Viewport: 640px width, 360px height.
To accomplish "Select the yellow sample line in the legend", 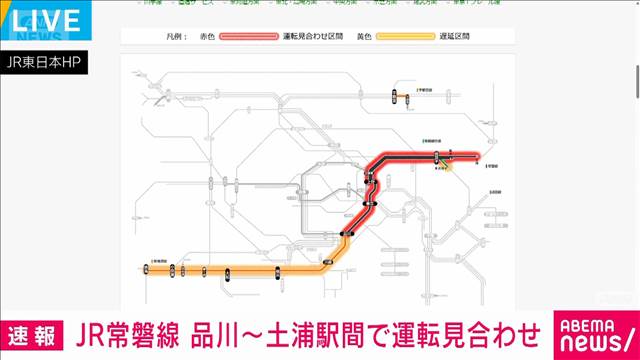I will [x=416, y=36].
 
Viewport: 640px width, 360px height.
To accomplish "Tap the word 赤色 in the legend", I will [x=208, y=36].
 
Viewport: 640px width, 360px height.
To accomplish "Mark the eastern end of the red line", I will [x=479, y=157].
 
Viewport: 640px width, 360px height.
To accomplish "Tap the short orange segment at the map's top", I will [x=393, y=97].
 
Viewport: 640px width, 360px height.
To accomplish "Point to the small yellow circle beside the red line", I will [x=447, y=166].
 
